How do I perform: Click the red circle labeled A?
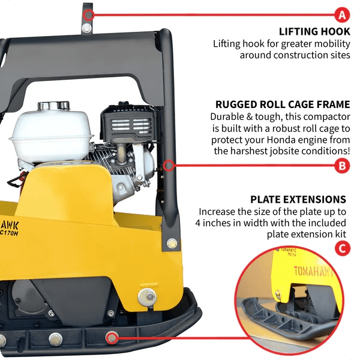342,14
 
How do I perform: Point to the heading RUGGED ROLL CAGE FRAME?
283,104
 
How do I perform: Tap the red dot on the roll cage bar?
169,163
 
